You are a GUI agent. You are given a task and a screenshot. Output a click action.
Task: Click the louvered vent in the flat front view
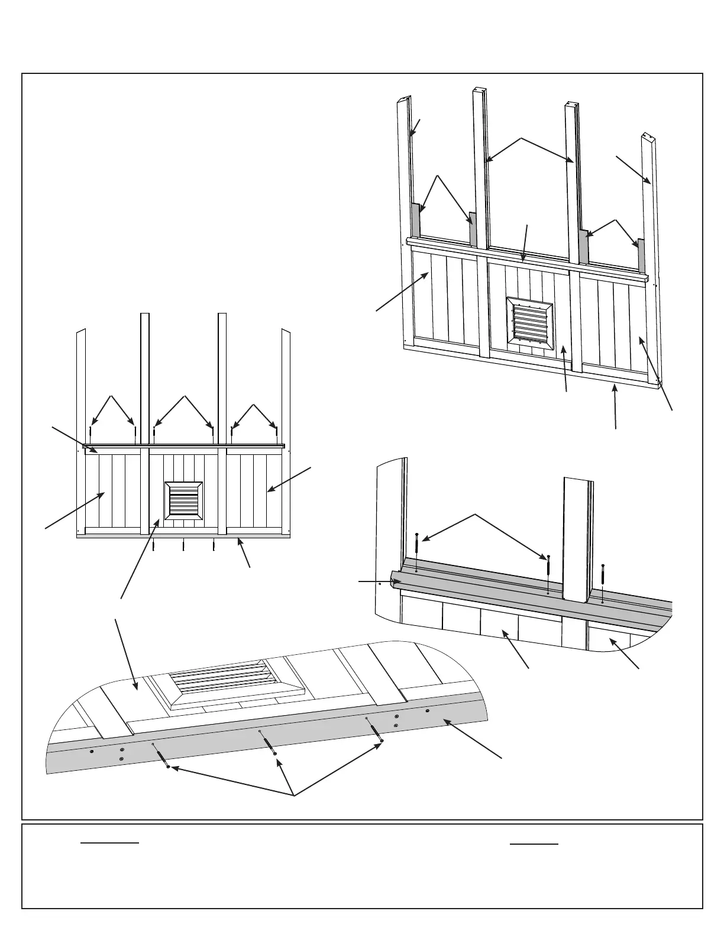coord(183,500)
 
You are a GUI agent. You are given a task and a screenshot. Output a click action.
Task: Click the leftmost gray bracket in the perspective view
coord(415,219)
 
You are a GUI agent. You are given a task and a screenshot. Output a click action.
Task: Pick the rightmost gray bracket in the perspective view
coord(640,252)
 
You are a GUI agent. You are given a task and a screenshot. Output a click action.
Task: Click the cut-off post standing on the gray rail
coord(577,538)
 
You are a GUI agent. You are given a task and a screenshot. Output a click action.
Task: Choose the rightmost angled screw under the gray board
coord(374,729)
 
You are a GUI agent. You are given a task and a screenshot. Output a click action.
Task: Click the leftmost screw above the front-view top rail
coord(90,434)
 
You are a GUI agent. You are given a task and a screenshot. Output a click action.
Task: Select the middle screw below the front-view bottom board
coord(183,544)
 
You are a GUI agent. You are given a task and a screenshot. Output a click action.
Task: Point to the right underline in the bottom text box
coord(534,844)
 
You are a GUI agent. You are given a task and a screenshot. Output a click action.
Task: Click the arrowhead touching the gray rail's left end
coord(395,582)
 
